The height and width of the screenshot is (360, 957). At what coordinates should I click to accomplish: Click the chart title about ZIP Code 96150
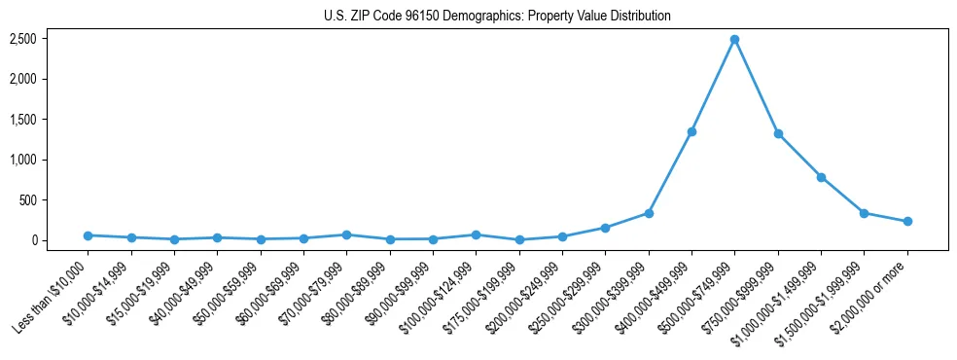pyautogui.click(x=497, y=17)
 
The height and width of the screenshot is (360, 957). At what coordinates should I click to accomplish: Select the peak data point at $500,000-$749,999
pyautogui.click(x=734, y=40)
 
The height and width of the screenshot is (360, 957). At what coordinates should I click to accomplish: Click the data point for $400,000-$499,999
pyautogui.click(x=691, y=131)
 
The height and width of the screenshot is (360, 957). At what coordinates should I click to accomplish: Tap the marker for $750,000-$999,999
pyautogui.click(x=778, y=133)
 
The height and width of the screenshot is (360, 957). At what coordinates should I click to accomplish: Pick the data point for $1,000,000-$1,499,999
pyautogui.click(x=821, y=177)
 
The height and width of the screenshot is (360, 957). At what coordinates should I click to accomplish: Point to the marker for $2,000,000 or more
pyautogui.click(x=907, y=222)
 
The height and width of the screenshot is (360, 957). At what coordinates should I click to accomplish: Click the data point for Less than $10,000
pyautogui.click(x=88, y=235)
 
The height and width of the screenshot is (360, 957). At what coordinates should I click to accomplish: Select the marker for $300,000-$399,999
pyautogui.click(x=649, y=213)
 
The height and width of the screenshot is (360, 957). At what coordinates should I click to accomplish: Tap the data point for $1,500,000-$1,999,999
pyautogui.click(x=864, y=212)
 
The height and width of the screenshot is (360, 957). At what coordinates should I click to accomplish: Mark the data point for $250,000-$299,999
pyautogui.click(x=605, y=228)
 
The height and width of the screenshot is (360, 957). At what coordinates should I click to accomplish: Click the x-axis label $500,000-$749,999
pyautogui.click(x=697, y=296)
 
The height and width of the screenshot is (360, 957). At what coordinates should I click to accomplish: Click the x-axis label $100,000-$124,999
pyautogui.click(x=438, y=296)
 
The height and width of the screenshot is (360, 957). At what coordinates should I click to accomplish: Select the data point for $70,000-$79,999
pyautogui.click(x=346, y=234)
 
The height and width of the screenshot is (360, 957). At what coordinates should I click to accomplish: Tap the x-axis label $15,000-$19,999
pyautogui.click(x=136, y=292)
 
